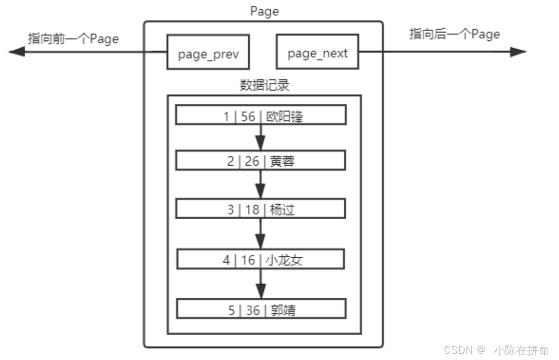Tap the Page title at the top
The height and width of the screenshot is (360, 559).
(x=264, y=11)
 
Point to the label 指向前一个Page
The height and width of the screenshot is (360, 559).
(x=73, y=38)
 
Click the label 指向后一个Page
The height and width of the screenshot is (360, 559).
(x=454, y=34)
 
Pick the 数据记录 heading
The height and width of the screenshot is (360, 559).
(x=264, y=85)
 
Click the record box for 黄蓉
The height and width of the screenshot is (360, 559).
(x=261, y=161)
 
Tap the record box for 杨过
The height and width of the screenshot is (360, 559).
(x=261, y=209)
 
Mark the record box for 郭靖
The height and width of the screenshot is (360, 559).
(x=261, y=309)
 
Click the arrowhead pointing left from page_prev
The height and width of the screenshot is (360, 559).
(x=16, y=51)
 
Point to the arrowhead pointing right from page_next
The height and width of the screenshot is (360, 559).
(x=519, y=52)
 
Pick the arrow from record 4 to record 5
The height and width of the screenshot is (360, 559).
(x=261, y=284)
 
